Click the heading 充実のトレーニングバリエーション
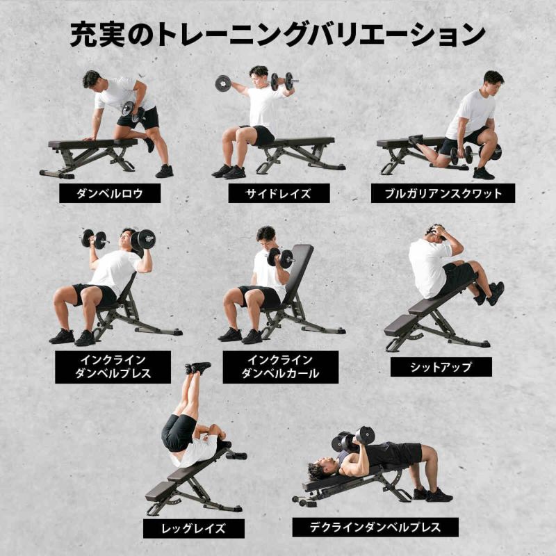[x=277, y=34]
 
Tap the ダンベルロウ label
[x=110, y=193]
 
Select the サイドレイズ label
[x=279, y=193]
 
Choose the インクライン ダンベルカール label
[x=280, y=367]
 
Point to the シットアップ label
[x=441, y=367]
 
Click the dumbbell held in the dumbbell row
[x=128, y=108]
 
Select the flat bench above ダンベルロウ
[x=93, y=144]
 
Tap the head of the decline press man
[x=319, y=471]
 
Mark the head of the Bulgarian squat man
[x=493, y=80]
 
